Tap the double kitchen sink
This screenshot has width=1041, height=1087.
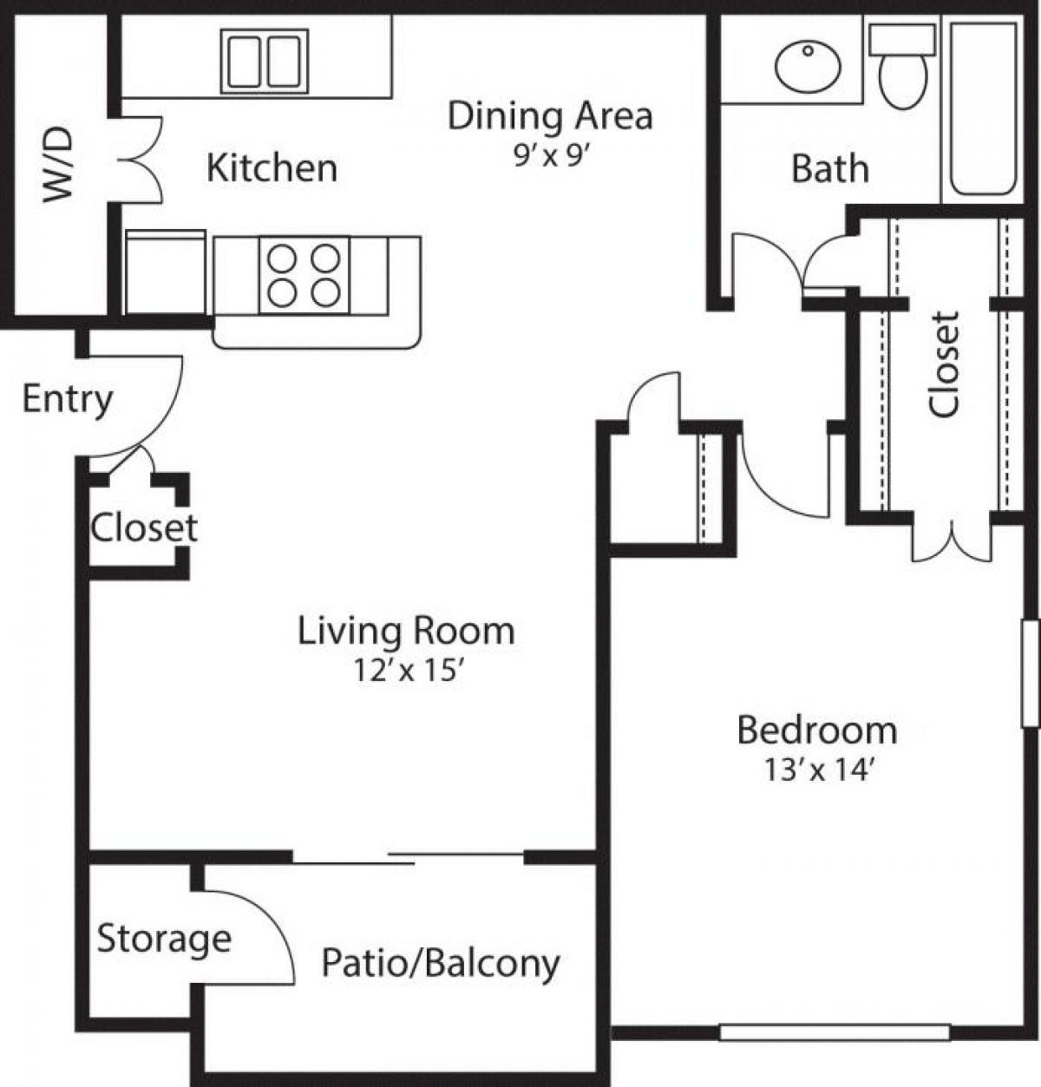coord(265,61)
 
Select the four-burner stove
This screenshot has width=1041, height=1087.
coord(304,274)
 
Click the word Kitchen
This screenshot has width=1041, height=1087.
coord(272,167)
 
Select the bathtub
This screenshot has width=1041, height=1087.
coord(983,108)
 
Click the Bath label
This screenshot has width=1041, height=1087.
coord(829,169)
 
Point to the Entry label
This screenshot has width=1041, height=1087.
coord(67,400)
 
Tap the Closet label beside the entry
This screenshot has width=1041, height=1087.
coord(144,527)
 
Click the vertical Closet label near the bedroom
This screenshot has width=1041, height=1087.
coord(945,363)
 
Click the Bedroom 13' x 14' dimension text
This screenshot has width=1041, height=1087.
coord(816,769)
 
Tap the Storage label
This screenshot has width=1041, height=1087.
coord(164,939)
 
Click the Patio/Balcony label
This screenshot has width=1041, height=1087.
coord(441,963)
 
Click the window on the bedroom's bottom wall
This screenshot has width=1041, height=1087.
coord(835,1032)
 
